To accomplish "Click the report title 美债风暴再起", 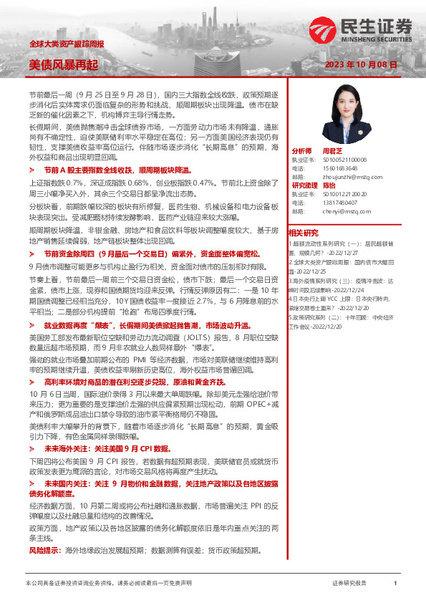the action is [63, 64].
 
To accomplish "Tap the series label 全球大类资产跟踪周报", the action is [67, 44].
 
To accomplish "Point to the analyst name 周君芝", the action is [332, 151].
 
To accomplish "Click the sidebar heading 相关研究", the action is [303, 233].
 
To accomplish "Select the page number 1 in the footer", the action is [395, 584].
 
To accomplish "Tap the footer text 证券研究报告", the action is [350, 584].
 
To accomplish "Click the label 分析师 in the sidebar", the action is [301, 151].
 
